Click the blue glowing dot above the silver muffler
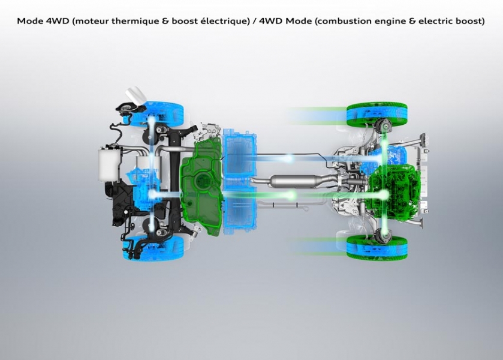(x=289, y=159)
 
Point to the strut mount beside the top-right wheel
(x=382, y=126)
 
